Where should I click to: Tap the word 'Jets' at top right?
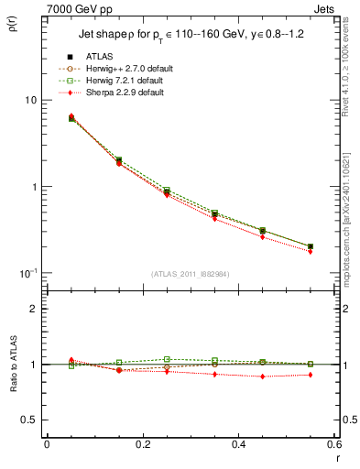click(x=326, y=7)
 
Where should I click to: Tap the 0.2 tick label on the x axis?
click(x=142, y=444)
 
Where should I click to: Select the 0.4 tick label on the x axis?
click(x=238, y=444)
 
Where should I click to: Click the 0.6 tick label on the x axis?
click(x=333, y=444)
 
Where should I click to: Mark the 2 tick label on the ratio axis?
click(x=32, y=309)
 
